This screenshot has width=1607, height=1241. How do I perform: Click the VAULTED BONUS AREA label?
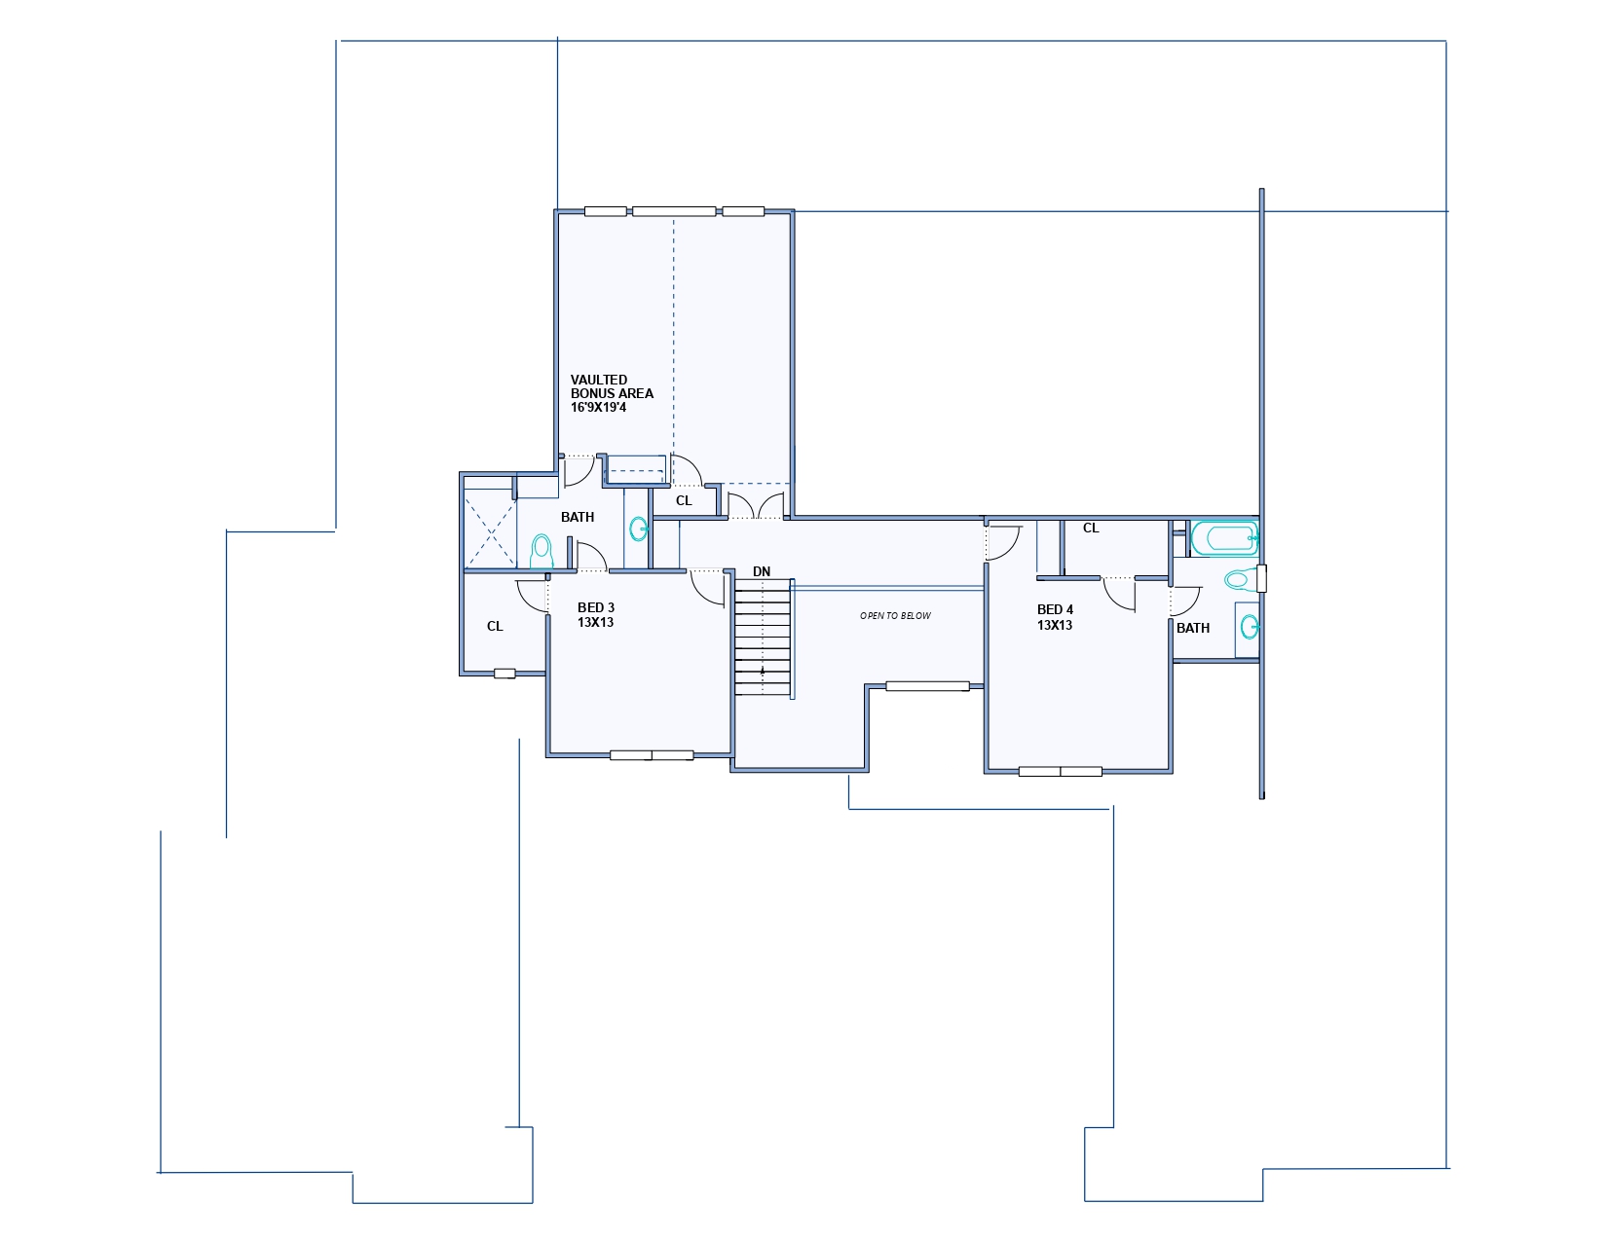pos(612,393)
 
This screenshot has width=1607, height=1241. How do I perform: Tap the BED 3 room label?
pos(596,615)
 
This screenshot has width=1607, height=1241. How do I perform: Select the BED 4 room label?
pos(1056,617)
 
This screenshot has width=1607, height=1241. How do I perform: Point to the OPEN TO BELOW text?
pos(896,616)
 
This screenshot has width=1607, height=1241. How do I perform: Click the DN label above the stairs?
pos(762,571)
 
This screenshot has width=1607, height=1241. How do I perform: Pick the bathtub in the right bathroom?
pos(1224,539)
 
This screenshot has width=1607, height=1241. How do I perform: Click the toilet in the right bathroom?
pos(1242,579)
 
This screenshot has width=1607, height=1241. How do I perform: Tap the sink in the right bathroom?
pos(1249,628)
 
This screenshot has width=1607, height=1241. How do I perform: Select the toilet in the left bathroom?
pos(542,551)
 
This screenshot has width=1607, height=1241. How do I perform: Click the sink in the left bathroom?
pos(638,529)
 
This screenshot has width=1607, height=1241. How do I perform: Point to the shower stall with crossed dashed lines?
pos(490,529)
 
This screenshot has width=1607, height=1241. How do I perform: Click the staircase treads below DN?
pos(763,638)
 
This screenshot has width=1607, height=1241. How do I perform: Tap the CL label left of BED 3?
pos(495,627)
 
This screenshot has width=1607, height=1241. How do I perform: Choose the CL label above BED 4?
pos(1091,529)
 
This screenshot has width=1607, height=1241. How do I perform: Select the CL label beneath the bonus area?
pos(684,501)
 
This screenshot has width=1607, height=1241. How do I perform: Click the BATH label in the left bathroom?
pos(578,518)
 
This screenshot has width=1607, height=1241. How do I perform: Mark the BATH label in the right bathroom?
pos(1193,628)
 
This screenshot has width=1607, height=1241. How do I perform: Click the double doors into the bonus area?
pos(756,505)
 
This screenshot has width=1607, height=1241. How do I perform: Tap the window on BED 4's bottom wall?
pos(1061,772)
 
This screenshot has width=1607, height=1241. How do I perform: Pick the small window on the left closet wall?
pos(505,674)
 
